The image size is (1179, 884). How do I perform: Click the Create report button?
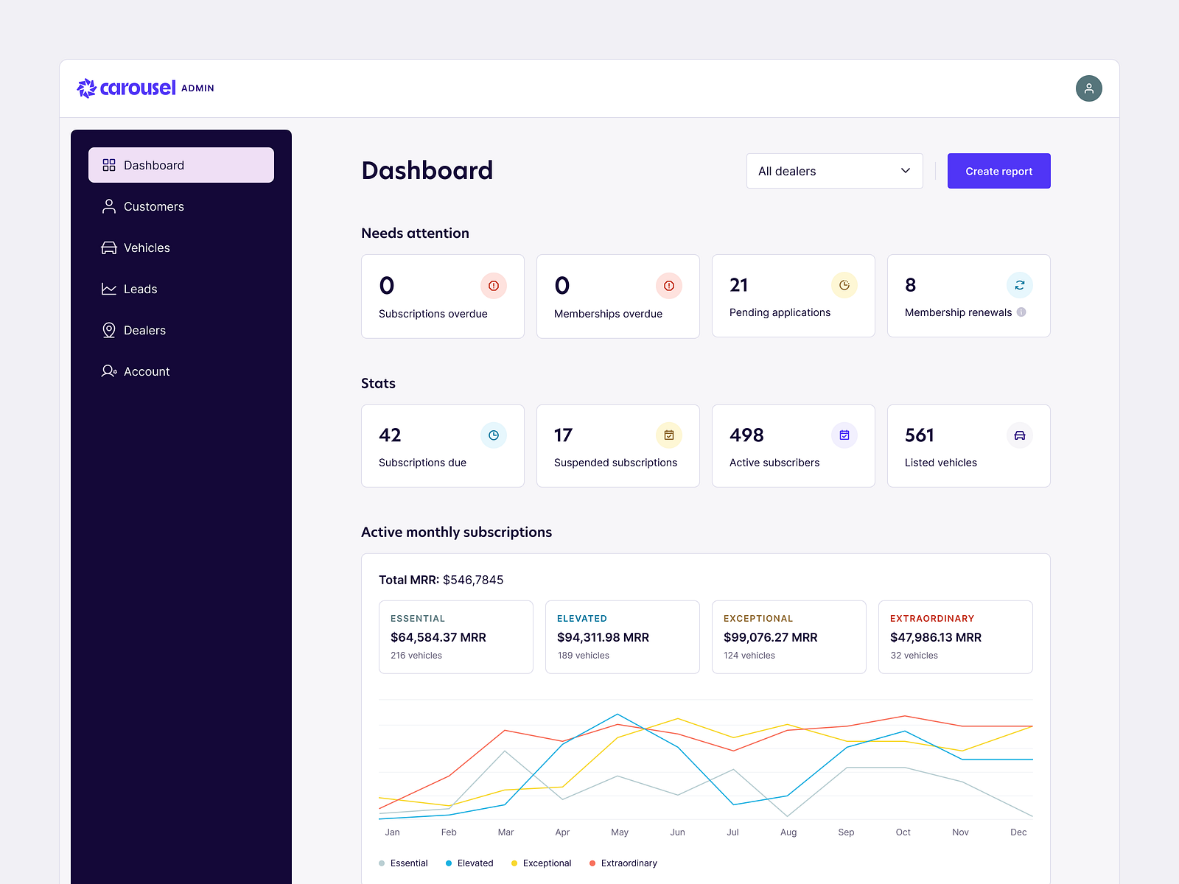[998, 171]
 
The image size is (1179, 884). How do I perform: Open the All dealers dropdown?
[834, 171]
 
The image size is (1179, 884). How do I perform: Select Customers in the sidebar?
[153, 206]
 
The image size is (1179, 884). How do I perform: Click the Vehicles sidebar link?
[147, 248]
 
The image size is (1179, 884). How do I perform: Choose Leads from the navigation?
[140, 289]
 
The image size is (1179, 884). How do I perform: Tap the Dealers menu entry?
[144, 330]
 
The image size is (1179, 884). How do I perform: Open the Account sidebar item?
[147, 371]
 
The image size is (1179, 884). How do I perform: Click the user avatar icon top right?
[1088, 88]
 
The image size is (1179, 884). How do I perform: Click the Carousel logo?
[127, 88]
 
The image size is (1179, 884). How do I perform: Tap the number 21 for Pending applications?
[738, 285]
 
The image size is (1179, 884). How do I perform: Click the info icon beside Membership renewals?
[1021, 312]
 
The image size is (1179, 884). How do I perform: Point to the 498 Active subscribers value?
[746, 435]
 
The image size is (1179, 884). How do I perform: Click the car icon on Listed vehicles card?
[1019, 435]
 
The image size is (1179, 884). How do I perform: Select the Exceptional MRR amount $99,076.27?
[770, 637]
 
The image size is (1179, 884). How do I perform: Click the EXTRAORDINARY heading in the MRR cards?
[931, 618]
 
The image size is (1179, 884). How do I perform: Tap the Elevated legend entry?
[475, 863]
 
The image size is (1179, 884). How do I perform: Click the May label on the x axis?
[619, 832]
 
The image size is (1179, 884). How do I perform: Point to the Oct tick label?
[903, 832]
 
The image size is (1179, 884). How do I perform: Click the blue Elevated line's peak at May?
[618, 714]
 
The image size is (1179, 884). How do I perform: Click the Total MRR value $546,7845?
[472, 580]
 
